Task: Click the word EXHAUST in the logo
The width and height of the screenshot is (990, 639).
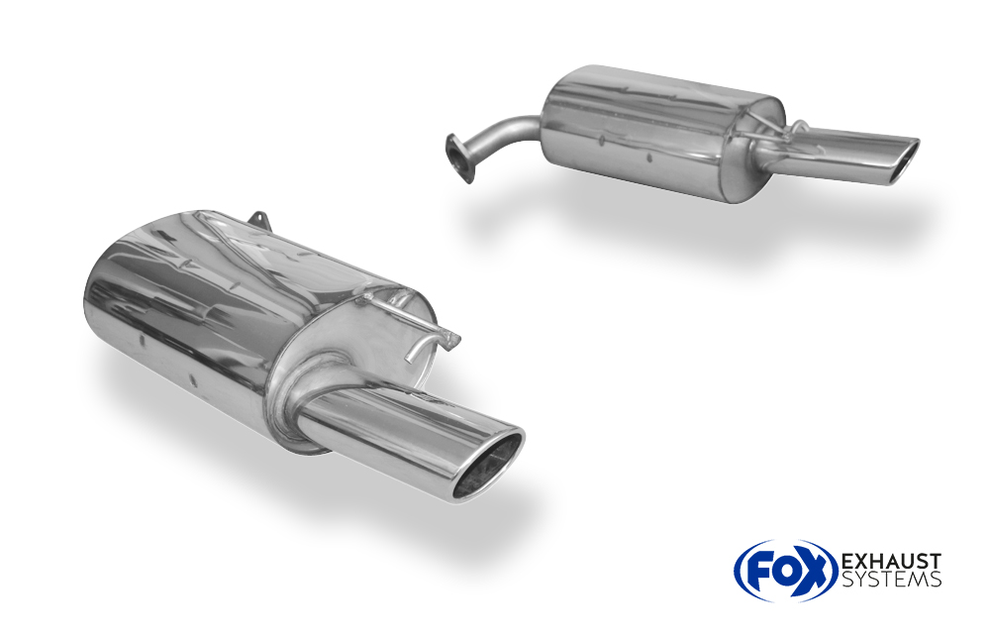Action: point(892,562)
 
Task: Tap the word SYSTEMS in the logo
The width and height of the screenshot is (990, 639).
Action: point(892,579)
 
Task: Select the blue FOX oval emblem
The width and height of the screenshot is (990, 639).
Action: point(785,570)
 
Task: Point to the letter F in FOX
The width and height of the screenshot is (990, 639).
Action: point(758,571)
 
